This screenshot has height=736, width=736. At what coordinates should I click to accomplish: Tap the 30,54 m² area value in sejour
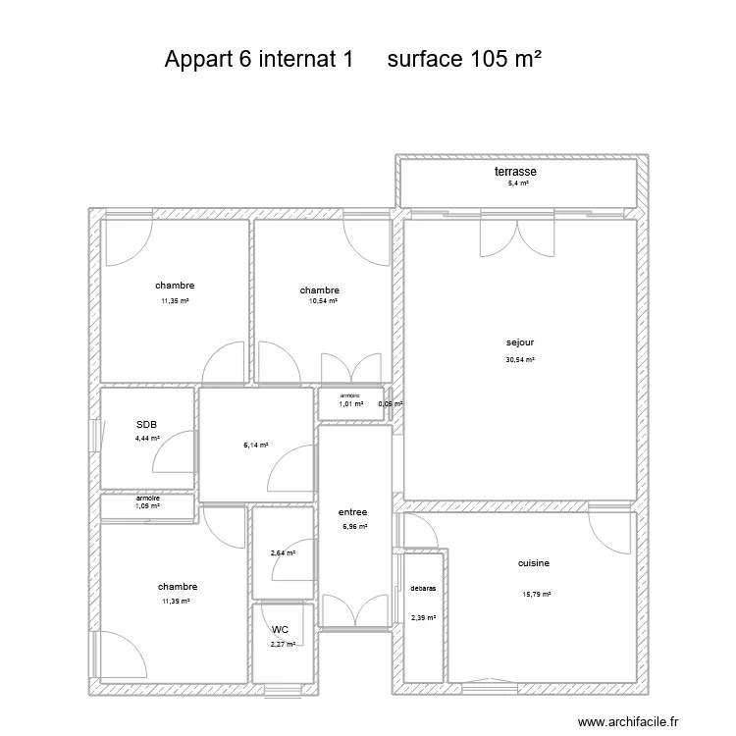tap(520, 360)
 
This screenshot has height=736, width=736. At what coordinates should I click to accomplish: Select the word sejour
tap(519, 343)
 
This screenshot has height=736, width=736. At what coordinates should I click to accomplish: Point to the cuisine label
tap(534, 563)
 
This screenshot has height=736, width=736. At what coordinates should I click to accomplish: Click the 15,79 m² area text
tap(537, 594)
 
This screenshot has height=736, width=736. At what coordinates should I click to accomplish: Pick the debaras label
tap(424, 589)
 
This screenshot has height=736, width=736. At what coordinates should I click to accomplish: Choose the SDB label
tap(147, 425)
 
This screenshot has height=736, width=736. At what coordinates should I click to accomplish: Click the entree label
tap(352, 511)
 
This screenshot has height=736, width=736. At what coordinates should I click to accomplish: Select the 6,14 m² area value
tap(255, 445)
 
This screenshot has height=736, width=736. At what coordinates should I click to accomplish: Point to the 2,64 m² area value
tap(283, 553)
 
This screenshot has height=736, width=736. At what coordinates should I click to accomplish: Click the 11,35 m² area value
tap(175, 301)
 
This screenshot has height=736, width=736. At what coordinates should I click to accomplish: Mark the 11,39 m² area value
tap(176, 602)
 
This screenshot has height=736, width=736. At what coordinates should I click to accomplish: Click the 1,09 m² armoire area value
tap(147, 506)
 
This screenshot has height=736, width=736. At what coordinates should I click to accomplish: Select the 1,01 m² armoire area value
tap(350, 403)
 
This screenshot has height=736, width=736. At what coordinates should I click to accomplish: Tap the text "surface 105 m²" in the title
tap(465, 59)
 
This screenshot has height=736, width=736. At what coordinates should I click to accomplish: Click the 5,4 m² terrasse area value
tap(518, 184)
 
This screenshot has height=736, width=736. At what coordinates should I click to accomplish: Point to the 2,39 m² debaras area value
tap(423, 618)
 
